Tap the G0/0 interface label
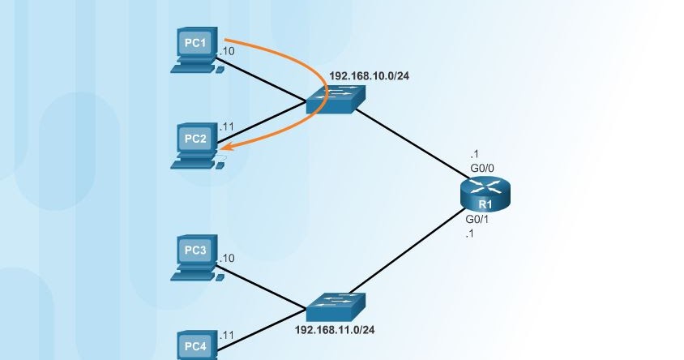point(482,168)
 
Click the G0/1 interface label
point(477,220)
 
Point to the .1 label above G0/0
point(474,154)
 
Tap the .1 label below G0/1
point(469,234)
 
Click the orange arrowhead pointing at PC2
point(226,148)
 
